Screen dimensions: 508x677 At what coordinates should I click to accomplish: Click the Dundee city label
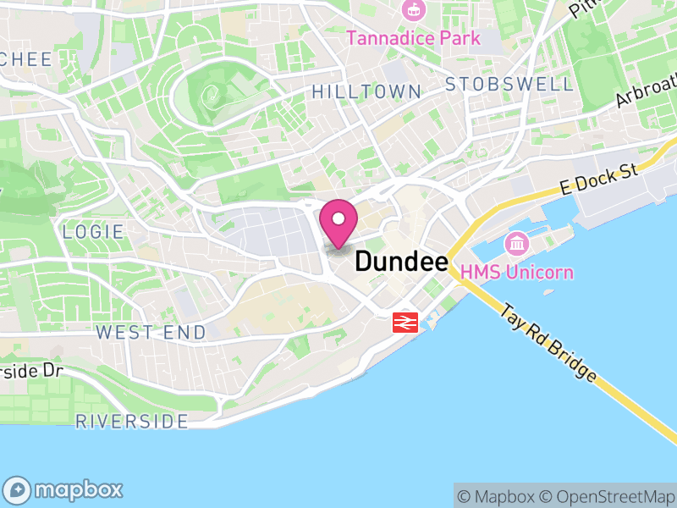(401, 262)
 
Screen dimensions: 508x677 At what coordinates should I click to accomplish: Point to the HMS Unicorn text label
(517, 272)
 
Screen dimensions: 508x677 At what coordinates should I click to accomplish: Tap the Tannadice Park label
(413, 38)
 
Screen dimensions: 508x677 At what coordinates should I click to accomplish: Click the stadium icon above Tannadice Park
(414, 11)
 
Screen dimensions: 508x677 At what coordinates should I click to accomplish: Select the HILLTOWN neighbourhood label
(366, 91)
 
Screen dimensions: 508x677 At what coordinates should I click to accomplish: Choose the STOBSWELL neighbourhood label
(509, 84)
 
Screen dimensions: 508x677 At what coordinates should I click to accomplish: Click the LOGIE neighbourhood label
(93, 231)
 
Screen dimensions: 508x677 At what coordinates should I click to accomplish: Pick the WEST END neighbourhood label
(151, 332)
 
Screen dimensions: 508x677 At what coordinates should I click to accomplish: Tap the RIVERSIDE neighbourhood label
(132, 421)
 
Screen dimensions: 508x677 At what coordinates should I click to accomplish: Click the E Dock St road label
(599, 178)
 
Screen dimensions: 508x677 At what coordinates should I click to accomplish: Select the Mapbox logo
(65, 489)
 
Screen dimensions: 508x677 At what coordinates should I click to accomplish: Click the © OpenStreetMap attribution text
(609, 496)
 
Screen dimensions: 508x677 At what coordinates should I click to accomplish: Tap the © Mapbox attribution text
(498, 496)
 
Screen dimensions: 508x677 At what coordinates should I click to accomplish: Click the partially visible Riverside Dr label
(32, 371)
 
